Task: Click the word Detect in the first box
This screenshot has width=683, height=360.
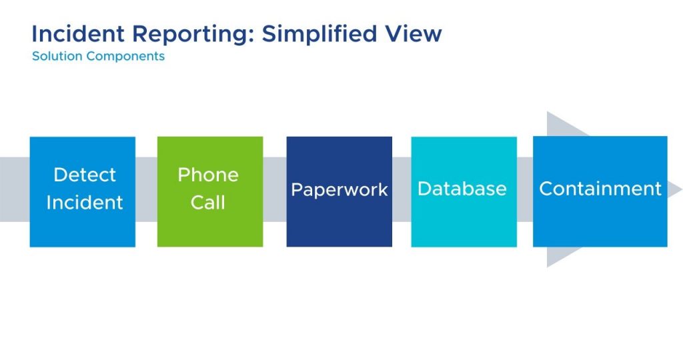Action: tap(85, 175)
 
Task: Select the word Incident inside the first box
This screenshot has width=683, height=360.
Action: tap(85, 203)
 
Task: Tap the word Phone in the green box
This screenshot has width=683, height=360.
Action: tap(208, 175)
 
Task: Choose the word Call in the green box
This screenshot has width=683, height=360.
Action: tap(208, 203)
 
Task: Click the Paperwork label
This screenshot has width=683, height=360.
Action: tap(339, 190)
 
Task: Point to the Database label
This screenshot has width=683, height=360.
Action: tap(462, 189)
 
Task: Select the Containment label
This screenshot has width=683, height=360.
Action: tap(601, 189)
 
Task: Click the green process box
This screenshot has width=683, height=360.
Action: tap(210, 191)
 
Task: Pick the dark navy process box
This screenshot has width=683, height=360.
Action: tap(339, 191)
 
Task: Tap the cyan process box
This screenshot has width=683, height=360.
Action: tap(464, 191)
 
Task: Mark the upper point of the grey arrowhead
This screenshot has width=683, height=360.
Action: tap(548, 112)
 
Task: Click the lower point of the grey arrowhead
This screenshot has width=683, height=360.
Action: tap(548, 267)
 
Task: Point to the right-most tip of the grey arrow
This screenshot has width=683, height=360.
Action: tap(681, 190)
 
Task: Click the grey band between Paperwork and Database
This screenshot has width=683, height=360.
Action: tap(402, 190)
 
